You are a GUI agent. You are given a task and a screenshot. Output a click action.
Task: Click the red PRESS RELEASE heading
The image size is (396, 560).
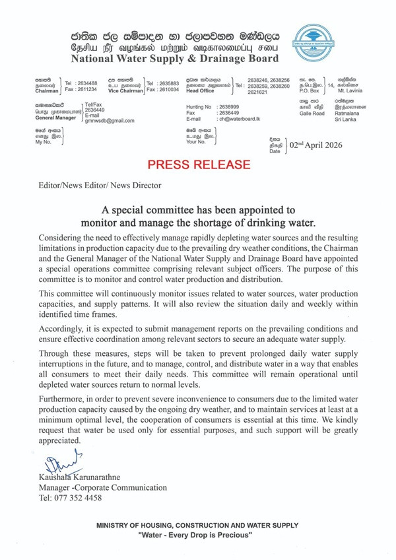(199, 163)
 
